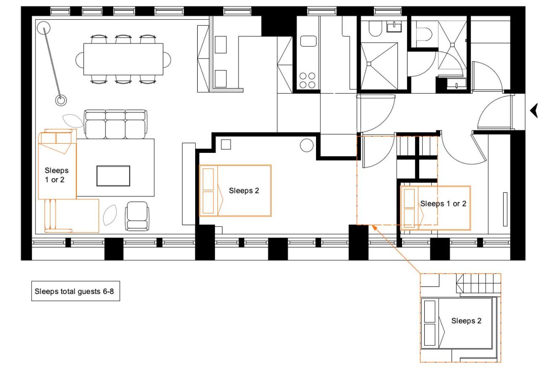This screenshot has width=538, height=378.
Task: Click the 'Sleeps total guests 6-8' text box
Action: point(76,291)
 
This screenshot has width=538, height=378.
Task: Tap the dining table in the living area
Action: point(123,59)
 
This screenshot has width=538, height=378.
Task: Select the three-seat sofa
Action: point(115,124)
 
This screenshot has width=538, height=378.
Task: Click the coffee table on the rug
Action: point(113,176)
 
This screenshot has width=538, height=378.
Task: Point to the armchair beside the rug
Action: point(137,216)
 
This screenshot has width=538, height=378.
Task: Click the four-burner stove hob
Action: point(308,80)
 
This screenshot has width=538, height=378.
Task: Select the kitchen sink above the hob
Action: point(308,41)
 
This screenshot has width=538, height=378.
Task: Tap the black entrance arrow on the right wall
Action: point(534,111)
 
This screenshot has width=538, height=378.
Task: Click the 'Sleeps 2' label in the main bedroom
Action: point(244,191)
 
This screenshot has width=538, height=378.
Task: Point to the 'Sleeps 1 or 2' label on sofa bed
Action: point(56,175)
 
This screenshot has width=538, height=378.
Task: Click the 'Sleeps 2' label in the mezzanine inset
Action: point(466,321)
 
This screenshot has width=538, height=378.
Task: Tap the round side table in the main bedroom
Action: point(307,145)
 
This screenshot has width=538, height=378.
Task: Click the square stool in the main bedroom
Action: point(226,144)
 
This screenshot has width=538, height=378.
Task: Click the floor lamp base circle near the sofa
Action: point(61,100)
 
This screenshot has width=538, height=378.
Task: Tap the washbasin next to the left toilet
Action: point(394,27)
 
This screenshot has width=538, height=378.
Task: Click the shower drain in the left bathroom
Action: point(369,64)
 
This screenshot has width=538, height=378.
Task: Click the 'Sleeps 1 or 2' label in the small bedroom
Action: point(443,204)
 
